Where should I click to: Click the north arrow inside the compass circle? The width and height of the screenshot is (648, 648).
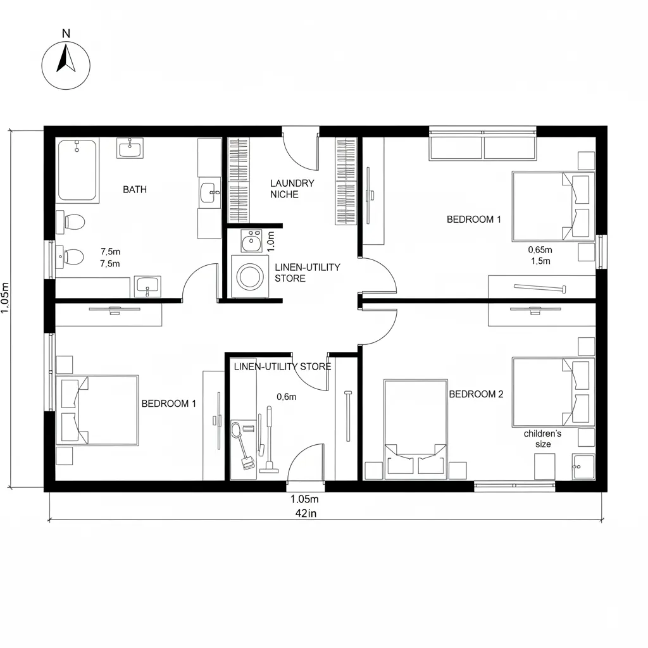pos(66,59)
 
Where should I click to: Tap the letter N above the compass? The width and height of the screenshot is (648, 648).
pos(66,34)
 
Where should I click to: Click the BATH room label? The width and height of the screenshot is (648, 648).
pos(135,190)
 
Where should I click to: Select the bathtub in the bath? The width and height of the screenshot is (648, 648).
pos(77,170)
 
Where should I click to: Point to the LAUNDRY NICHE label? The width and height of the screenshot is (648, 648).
pos(292,189)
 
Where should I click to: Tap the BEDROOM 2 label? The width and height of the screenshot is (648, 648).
pos(476,394)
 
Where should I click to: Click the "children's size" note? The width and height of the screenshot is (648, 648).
pos(542,439)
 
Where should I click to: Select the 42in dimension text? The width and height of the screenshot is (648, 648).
pos(306,513)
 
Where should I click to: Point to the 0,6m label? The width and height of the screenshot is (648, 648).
pos(287,397)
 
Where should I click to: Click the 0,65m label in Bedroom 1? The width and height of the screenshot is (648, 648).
pos(540,249)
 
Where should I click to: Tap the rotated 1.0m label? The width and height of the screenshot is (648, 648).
pos(271,242)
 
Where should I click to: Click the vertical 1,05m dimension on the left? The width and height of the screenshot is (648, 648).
pos(5,298)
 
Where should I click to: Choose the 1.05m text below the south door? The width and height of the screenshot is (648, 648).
pos(304,499)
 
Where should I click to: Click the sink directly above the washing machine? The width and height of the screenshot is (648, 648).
pos(251,241)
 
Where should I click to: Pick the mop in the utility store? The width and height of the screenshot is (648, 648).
pos(268,440)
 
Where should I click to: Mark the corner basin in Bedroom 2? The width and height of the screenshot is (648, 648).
pos(583,467)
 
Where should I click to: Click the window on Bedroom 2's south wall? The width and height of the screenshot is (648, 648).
pos(514,486)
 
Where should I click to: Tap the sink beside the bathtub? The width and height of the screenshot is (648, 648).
pos(130,148)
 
